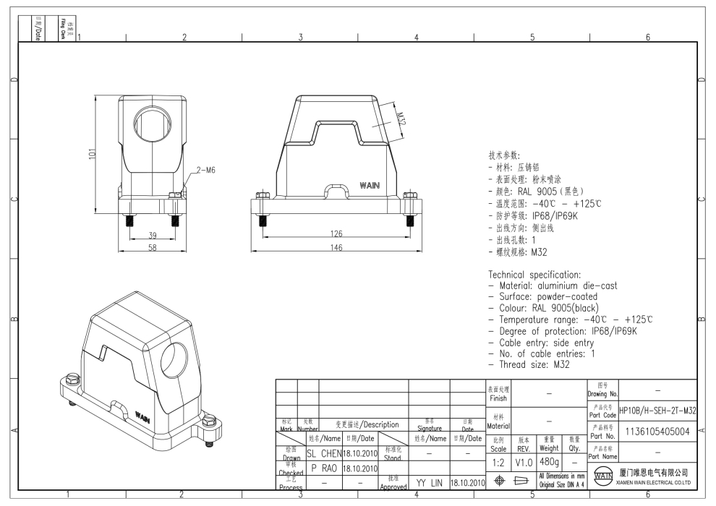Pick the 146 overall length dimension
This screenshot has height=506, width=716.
(333, 248)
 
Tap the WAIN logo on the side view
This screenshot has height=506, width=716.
(370, 186)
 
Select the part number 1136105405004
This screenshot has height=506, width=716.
(658, 432)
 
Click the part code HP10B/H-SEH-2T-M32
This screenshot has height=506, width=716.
(658, 410)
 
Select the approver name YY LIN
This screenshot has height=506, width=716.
(430, 481)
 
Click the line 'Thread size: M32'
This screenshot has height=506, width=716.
(534, 365)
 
